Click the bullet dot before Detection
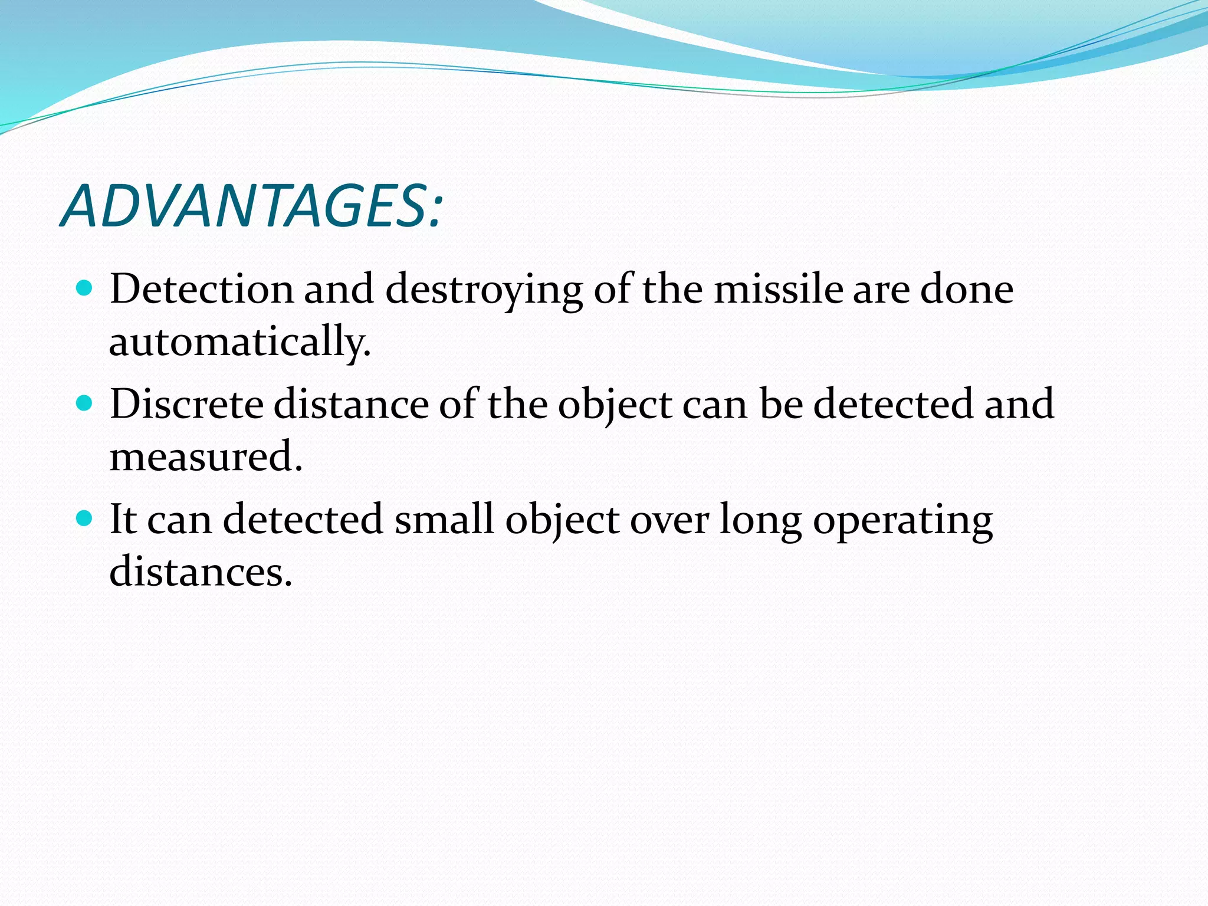coord(85,288)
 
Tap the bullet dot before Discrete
coord(85,403)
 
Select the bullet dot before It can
coord(85,518)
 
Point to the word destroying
coord(484,290)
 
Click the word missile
coord(779,289)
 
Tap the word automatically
coord(239,342)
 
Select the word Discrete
coord(186,404)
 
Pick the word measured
coord(206,457)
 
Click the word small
coord(444,519)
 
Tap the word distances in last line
coord(201,572)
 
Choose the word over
coord(669,520)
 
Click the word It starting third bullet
coord(123,519)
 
